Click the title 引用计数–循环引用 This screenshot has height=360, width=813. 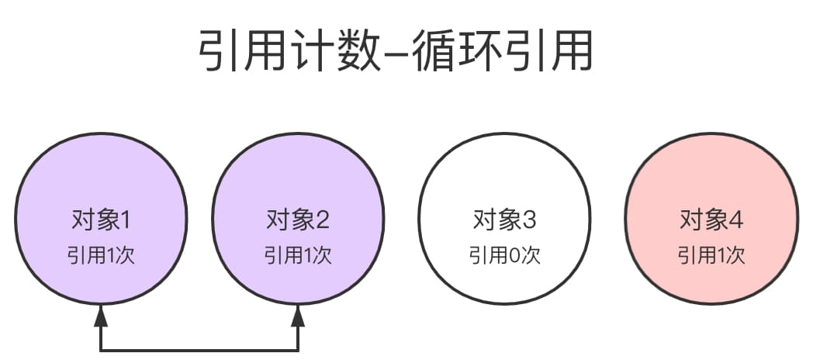tap(396, 53)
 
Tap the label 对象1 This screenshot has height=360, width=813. tap(101, 220)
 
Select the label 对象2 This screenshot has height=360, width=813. tap(298, 220)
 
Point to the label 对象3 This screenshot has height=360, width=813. tap(504, 220)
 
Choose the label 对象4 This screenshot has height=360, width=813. tap(711, 220)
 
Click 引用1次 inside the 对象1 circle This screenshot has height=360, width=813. tap(101, 254)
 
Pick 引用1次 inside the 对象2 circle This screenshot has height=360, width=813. tap(298, 254)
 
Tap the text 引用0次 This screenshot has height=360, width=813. tap(504, 254)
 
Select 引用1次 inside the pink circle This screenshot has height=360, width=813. tap(711, 254)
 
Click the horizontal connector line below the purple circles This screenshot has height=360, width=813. tap(199, 350)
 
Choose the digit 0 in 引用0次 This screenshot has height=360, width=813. tap(514, 254)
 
